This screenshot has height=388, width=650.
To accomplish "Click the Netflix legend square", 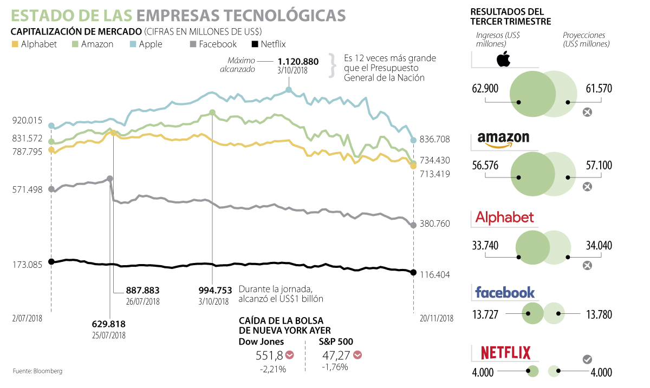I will (x=256, y=44).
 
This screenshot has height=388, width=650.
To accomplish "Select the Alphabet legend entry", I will (x=34, y=44).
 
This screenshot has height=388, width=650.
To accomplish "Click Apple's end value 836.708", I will (x=434, y=140).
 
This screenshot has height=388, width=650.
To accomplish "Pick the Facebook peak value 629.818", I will (x=109, y=324).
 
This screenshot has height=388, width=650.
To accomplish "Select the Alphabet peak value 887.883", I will (x=142, y=290).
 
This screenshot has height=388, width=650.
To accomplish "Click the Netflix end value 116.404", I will (x=434, y=275).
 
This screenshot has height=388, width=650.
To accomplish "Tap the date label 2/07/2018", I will (x=27, y=318).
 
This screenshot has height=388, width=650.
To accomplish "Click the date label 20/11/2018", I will (x=437, y=318).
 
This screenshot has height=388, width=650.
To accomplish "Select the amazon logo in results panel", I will (x=503, y=140).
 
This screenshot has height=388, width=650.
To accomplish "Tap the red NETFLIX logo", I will (x=506, y=353).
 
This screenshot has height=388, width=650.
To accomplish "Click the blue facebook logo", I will (x=505, y=293).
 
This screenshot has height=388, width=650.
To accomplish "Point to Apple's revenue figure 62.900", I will (x=485, y=89).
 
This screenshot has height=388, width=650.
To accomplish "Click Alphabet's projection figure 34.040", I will (x=599, y=246).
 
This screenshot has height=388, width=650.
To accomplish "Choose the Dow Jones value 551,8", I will (x=269, y=356).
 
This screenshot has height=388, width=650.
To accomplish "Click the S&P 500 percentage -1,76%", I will (x=334, y=367).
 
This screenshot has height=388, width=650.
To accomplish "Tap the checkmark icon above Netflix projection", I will (x=587, y=359).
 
